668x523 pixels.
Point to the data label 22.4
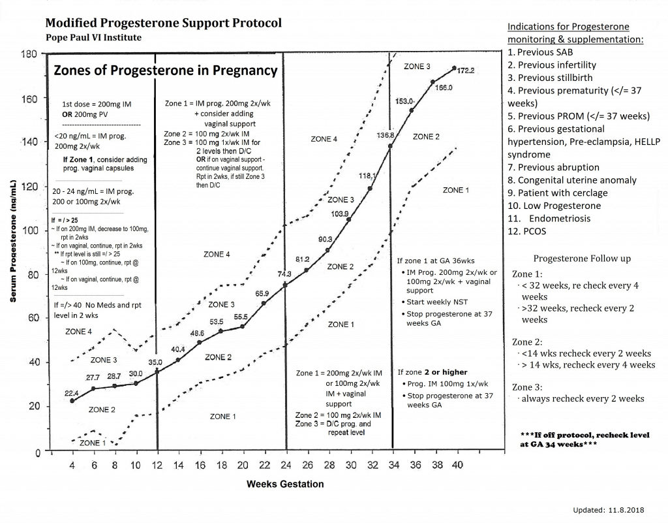coord(72,393)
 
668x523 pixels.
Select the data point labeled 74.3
coord(286,285)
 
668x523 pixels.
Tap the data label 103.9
coord(340,214)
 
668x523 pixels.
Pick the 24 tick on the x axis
coord(286,466)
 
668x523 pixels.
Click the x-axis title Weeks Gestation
coord(284,484)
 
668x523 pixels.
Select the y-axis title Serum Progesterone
coord(13,242)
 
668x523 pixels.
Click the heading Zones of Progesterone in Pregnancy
coord(165,71)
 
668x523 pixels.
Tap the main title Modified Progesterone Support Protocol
coord(164,23)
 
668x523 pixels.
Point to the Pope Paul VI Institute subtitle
coord(93,37)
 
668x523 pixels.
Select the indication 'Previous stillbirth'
coord(550,78)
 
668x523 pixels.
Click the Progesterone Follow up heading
coord(582,258)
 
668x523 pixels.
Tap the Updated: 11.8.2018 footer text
coord(607,510)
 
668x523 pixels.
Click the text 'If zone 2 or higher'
coord(432,372)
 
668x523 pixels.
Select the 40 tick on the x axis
coord(457,466)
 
